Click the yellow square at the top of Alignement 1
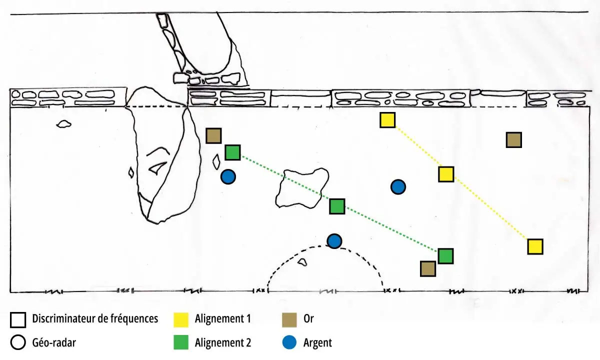(x=387, y=120)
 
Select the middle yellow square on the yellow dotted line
(x=446, y=174)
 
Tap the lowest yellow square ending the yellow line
(x=535, y=246)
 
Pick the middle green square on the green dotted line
(x=337, y=206)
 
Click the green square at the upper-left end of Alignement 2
(x=232, y=152)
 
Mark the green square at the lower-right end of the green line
(x=445, y=256)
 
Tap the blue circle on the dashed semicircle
(x=334, y=241)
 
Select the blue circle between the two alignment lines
(x=398, y=187)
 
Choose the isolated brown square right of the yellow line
(x=514, y=140)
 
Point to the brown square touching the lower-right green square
(x=428, y=269)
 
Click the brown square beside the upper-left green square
(x=214, y=135)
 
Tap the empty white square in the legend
(x=19, y=319)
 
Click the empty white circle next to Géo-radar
(x=19, y=342)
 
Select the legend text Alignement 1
(x=222, y=318)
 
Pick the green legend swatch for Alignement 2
(x=181, y=342)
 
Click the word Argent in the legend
(x=317, y=342)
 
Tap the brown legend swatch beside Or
(x=290, y=319)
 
